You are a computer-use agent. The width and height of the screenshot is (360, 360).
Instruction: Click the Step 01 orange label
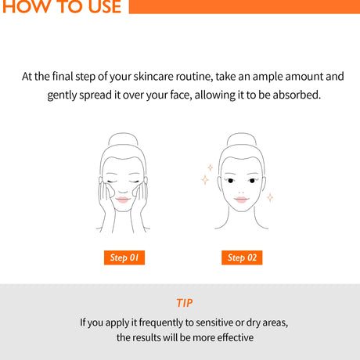[124, 257]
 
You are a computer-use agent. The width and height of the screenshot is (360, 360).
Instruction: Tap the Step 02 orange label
[242, 257]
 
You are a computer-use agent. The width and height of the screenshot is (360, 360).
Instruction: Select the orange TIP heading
[185, 303]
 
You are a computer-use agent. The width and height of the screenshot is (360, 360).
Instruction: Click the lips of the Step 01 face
[122, 200]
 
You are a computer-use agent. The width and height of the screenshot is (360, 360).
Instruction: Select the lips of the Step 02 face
[241, 200]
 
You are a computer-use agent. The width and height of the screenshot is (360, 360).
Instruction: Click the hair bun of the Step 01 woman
[123, 139]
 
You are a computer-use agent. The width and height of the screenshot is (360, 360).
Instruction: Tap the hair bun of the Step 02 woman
[242, 139]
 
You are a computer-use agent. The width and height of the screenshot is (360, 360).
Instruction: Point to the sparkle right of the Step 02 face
[270, 197]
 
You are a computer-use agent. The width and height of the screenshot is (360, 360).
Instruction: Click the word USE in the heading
[105, 6]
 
